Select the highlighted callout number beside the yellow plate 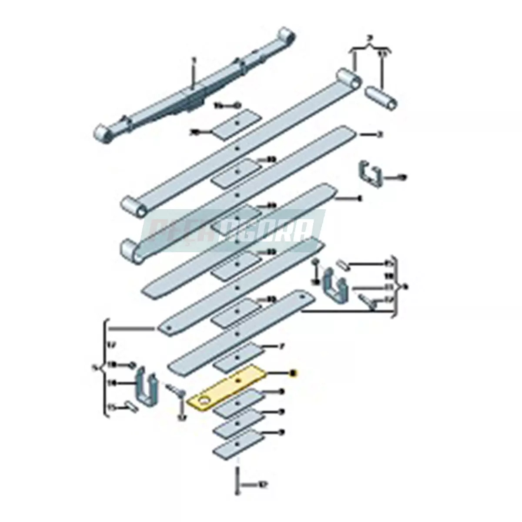(293, 373)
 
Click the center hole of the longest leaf (237, 149)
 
